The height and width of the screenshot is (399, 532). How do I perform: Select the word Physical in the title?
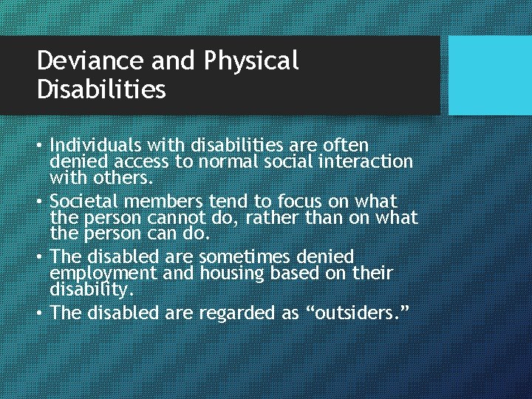250,61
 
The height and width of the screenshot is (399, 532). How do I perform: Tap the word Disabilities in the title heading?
101,89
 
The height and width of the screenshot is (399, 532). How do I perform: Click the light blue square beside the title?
490,75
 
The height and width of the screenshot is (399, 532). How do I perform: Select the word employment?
96,273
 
